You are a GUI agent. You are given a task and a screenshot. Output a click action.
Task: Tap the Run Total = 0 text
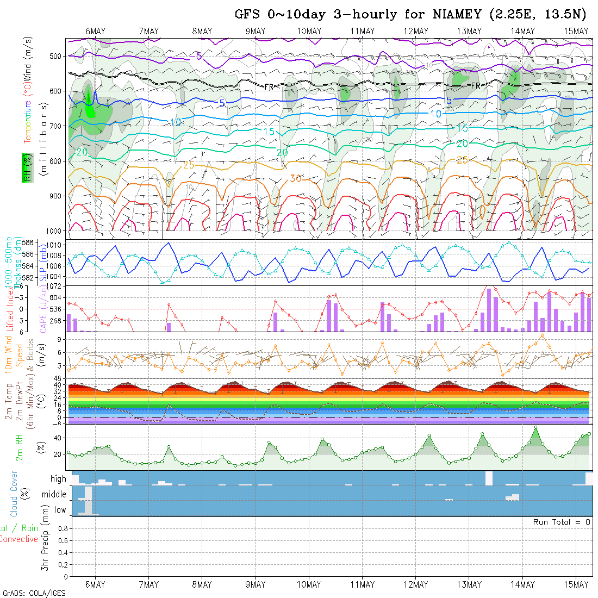(562, 522)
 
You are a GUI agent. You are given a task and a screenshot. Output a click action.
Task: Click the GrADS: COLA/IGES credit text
(34, 593)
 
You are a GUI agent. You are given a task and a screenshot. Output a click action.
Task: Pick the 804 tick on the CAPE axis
(57, 298)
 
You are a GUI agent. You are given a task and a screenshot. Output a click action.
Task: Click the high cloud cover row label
(58, 479)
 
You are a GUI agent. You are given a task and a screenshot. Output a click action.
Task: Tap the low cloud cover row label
(60, 510)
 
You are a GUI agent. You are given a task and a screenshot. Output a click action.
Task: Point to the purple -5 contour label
(198, 55)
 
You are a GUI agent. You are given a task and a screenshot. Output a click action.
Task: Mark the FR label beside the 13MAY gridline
(476, 85)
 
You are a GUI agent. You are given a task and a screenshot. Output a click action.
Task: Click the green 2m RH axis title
(19, 447)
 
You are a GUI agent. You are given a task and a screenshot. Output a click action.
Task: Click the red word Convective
(19, 539)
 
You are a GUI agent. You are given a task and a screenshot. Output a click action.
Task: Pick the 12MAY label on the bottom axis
(416, 584)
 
